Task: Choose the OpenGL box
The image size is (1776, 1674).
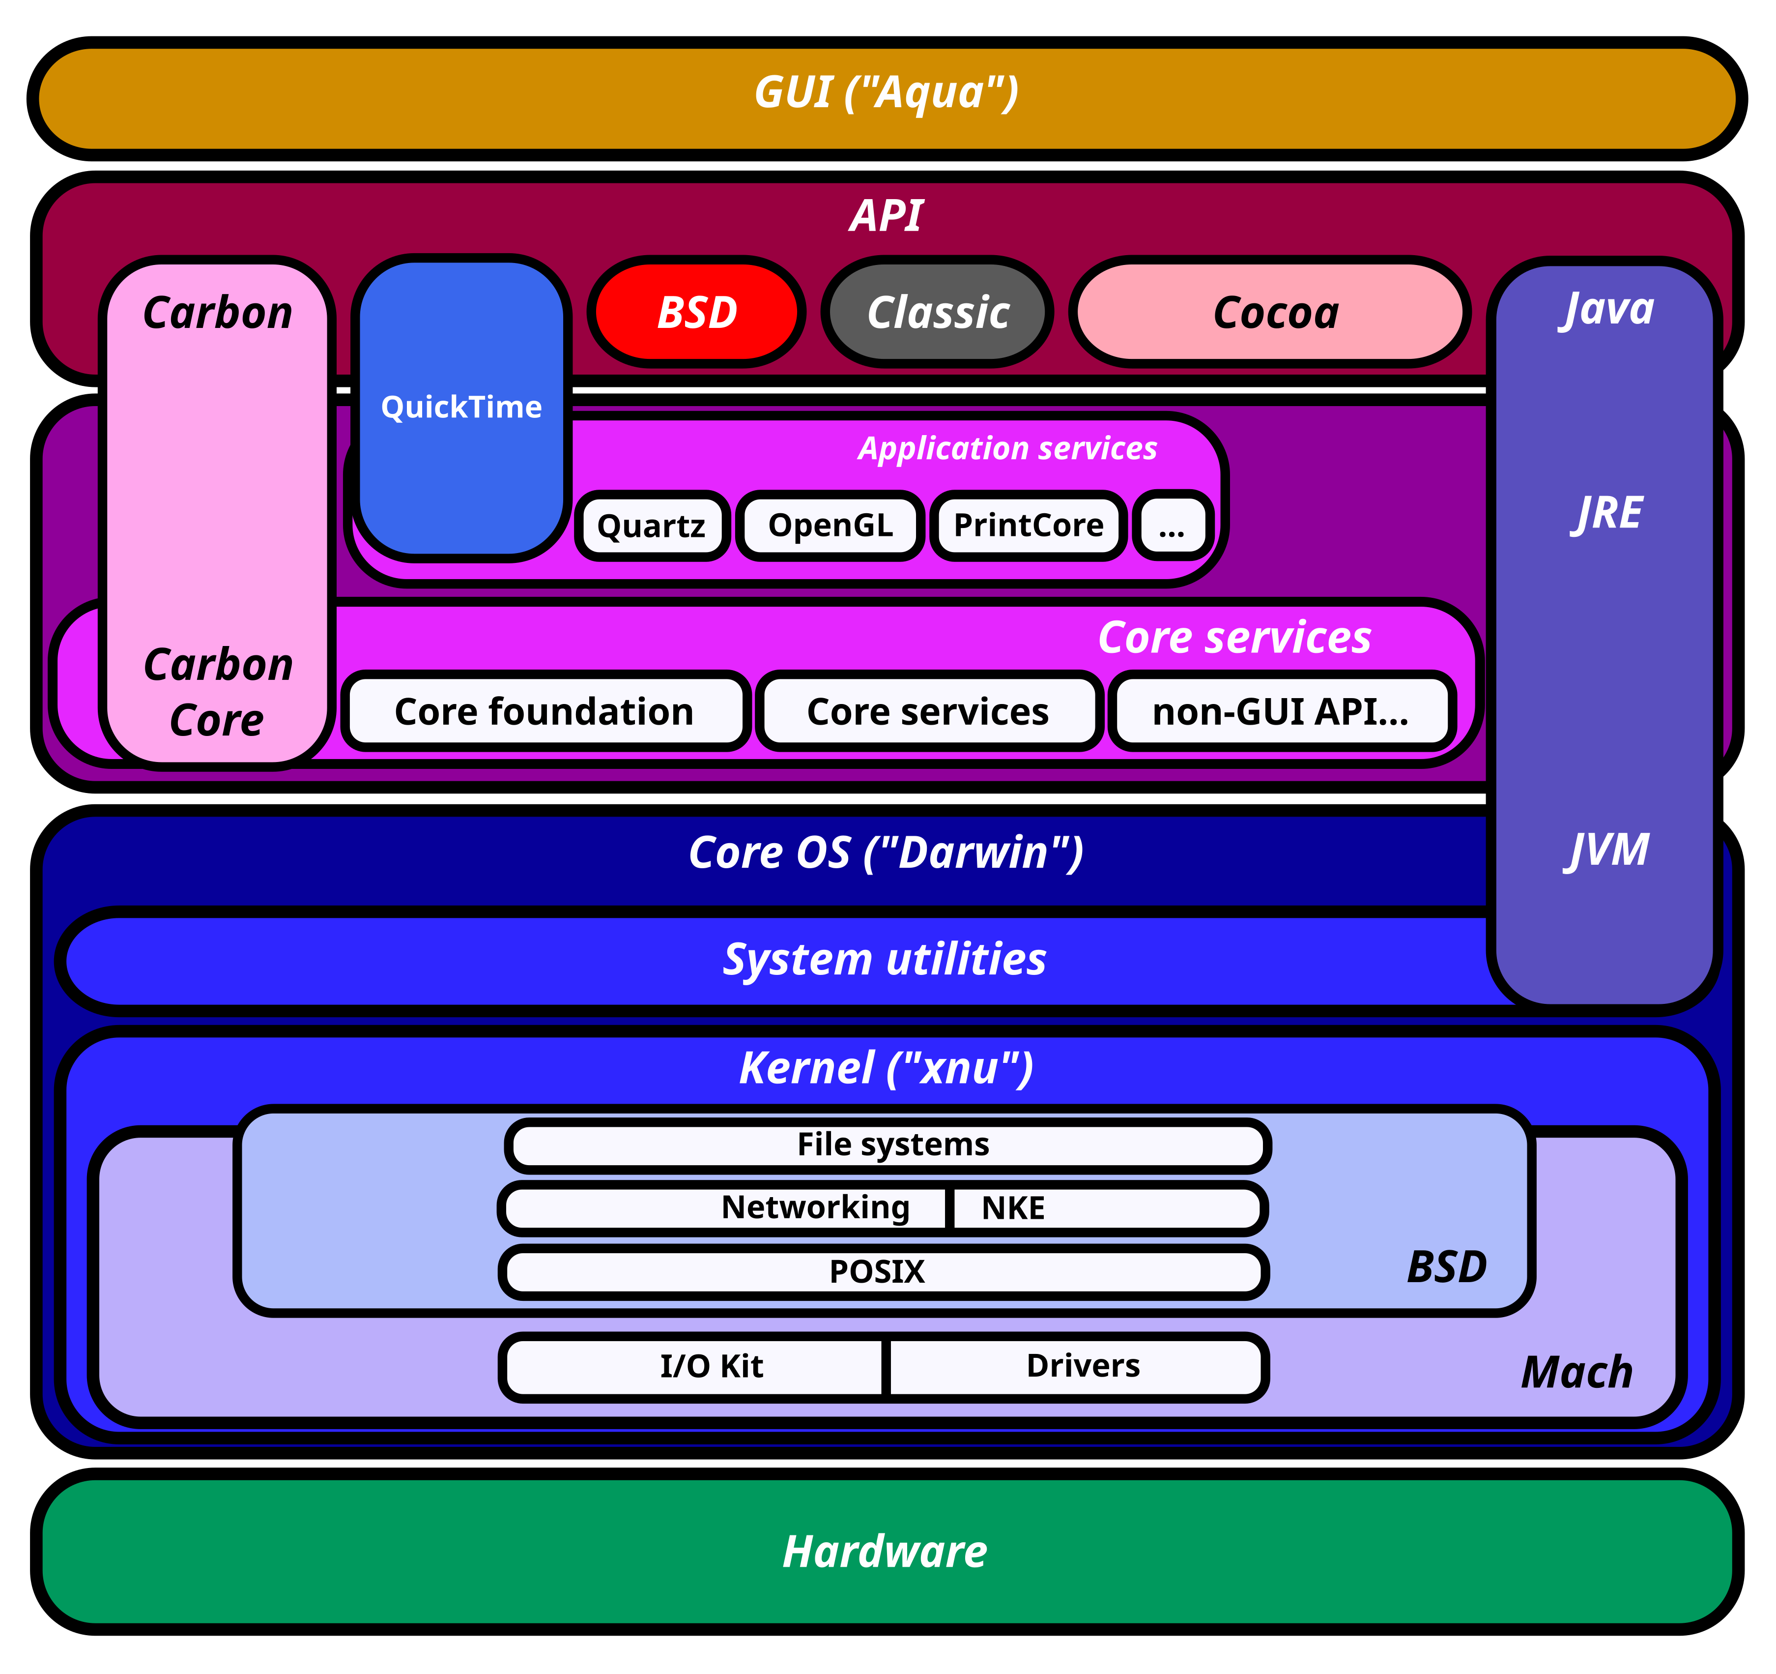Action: (x=830, y=526)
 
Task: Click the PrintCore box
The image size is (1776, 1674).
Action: (x=1028, y=526)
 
